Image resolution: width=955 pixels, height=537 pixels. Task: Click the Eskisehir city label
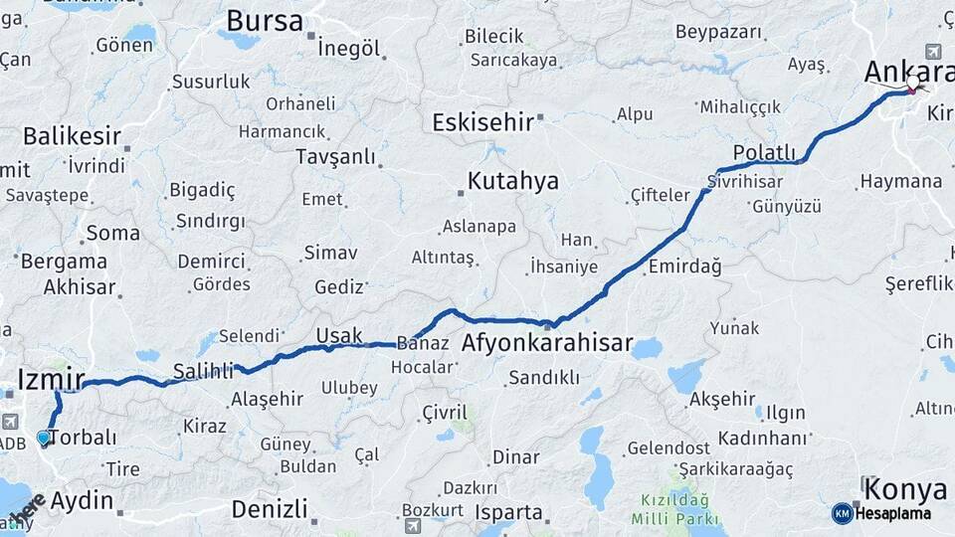[481, 122]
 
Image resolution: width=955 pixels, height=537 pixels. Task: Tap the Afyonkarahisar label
[547, 344]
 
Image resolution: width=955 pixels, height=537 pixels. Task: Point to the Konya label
[905, 489]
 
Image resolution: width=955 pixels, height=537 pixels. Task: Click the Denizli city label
[269, 509]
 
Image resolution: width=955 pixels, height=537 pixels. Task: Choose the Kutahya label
[513, 182]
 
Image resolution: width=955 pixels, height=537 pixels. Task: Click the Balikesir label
[72, 136]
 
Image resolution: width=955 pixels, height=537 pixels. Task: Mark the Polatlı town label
[764, 152]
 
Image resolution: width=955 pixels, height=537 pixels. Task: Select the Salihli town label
[202, 370]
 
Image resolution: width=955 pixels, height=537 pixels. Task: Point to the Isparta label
[508, 513]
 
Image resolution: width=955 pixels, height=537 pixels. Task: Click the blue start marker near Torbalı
[43, 438]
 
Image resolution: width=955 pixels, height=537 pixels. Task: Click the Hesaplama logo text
[892, 514]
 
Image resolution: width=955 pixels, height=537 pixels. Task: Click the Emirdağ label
[684, 267]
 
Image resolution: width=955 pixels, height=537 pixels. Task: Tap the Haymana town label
[900, 182]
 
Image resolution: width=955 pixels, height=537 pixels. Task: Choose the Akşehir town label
[722, 399]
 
